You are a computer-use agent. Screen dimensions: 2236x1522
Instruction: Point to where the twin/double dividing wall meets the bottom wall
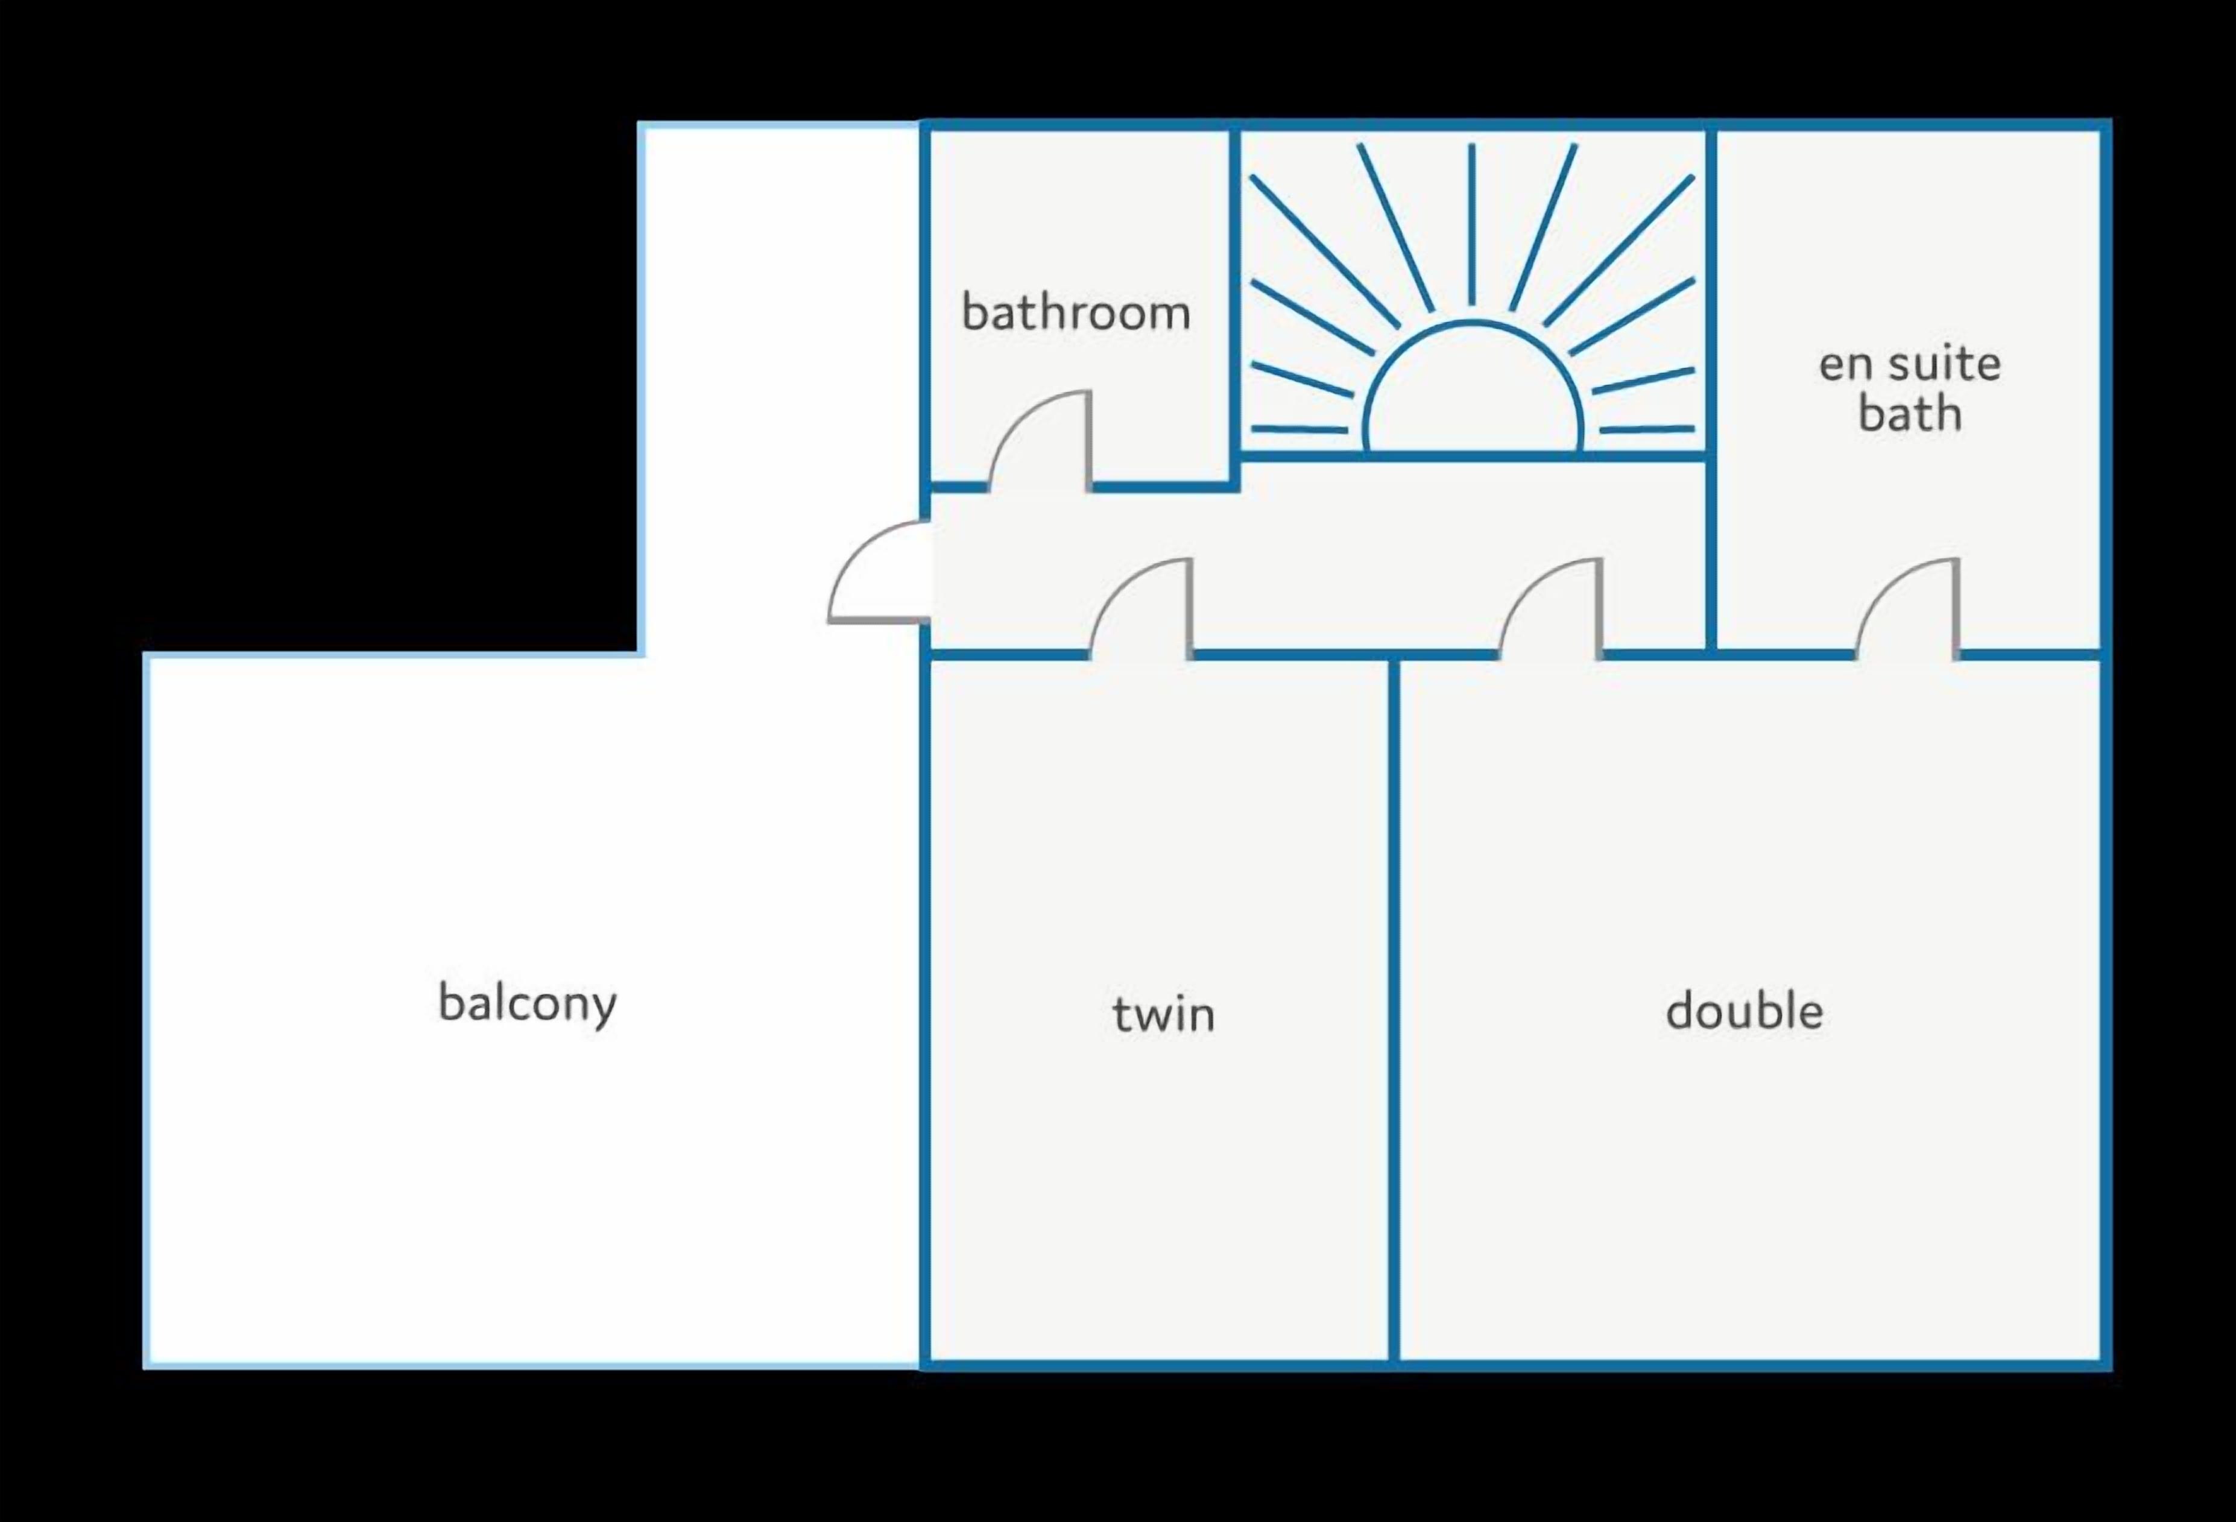tap(1393, 1364)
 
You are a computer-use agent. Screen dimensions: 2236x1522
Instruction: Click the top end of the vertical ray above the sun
tap(1471, 145)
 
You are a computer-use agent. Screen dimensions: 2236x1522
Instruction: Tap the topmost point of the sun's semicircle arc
tap(1472, 322)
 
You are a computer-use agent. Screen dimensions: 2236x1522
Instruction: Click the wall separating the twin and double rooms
tap(1393, 1010)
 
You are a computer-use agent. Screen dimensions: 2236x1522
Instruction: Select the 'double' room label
tap(1745, 1010)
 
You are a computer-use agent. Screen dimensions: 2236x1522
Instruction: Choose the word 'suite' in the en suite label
tap(1944, 362)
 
